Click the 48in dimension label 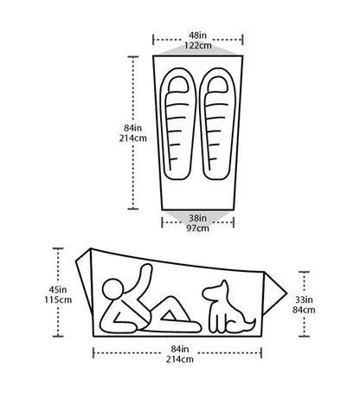click(197, 35)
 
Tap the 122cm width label click(198, 45)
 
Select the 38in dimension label click(197, 218)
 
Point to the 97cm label click(197, 229)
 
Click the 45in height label click(58, 289)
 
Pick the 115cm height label click(58, 300)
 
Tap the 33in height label click(304, 300)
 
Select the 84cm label click(304, 310)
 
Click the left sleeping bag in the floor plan click(178, 124)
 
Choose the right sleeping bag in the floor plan click(217, 124)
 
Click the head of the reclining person click(112, 290)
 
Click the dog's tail click(250, 325)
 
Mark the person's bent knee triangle click(169, 316)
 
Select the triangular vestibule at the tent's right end click(274, 293)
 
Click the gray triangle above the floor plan click(198, 51)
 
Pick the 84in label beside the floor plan click(132, 127)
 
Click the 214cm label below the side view click(179, 359)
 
